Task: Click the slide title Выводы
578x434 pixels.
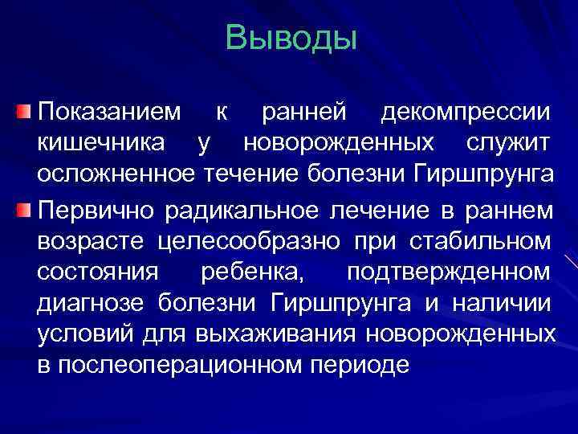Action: coord(291,38)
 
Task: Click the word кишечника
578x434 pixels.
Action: coord(101,143)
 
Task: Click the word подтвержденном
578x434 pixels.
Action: coord(449,272)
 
